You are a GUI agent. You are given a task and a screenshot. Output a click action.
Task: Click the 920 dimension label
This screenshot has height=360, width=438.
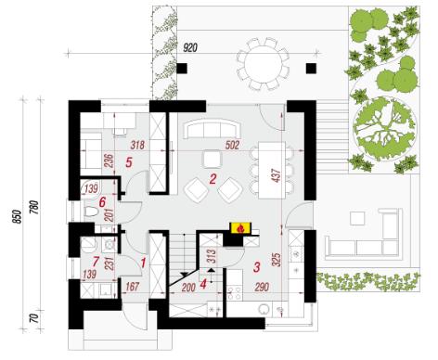point(190,48)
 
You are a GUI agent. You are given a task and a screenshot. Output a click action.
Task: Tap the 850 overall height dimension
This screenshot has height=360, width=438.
point(18,216)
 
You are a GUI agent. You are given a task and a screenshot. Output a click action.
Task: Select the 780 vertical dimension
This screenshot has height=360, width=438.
point(35,207)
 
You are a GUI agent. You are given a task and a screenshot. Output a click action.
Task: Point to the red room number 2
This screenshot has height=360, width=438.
point(213,179)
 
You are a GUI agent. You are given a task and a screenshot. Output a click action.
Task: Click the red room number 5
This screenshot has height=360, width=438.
point(129,162)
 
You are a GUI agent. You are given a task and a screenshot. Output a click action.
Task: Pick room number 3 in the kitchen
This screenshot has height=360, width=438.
point(256,267)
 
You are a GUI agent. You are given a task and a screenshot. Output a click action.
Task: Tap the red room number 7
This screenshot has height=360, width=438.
point(96,262)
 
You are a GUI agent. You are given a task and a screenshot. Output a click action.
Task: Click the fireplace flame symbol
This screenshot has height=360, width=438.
point(240,229)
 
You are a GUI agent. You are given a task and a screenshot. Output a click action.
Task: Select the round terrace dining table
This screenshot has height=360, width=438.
point(264,64)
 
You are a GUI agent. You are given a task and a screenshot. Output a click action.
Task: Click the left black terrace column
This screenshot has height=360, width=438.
point(182,68)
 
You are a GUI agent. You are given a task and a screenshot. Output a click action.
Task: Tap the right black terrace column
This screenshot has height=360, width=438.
point(311,68)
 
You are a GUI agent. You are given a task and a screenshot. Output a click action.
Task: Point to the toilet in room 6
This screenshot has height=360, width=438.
point(91,212)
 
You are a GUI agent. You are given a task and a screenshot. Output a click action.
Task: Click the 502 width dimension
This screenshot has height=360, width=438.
point(232,145)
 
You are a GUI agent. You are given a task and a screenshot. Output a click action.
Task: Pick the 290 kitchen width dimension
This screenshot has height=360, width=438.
point(262,287)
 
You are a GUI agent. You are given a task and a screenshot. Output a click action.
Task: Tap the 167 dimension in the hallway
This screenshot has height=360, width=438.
point(132,287)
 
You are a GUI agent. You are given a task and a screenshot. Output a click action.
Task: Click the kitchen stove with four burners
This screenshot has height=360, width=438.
point(235,293)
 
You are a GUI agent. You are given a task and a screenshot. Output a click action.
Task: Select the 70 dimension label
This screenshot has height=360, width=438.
point(35,318)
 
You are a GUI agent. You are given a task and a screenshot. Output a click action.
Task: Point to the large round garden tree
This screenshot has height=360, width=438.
point(384,128)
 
